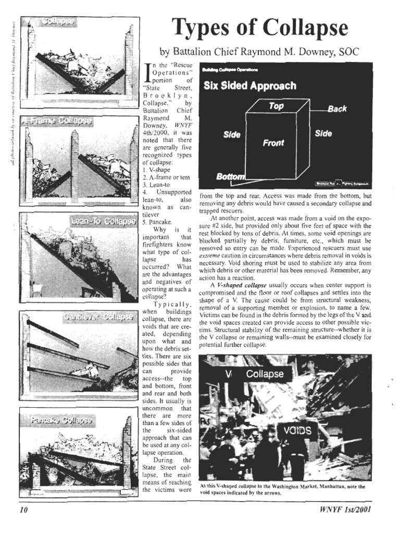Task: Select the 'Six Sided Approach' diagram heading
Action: pyautogui.click(x=250, y=86)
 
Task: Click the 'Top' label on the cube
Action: pyautogui.click(x=276, y=106)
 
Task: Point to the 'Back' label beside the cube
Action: pyautogui.click(x=337, y=109)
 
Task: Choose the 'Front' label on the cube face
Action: pyautogui.click(x=273, y=143)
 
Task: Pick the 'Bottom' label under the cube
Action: pyautogui.click(x=230, y=177)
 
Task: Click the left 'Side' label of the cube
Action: pyautogui.click(x=232, y=135)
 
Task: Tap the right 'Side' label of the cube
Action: pyautogui.click(x=323, y=133)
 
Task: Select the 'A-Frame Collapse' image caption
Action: pyautogui.click(x=56, y=121)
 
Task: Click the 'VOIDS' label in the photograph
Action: pyautogui.click(x=298, y=431)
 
